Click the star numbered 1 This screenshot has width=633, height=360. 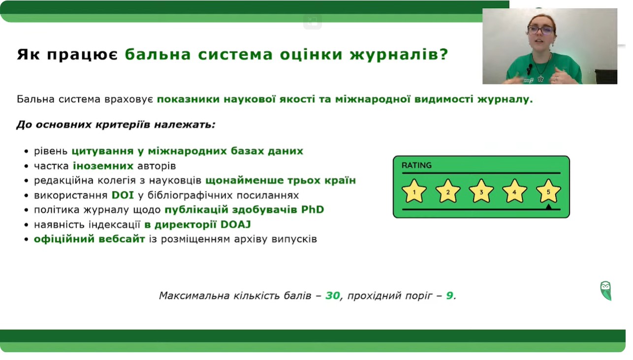click(x=414, y=192)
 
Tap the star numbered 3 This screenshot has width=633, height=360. click(x=481, y=192)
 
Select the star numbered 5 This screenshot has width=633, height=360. click(x=548, y=192)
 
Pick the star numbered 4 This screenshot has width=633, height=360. click(x=514, y=192)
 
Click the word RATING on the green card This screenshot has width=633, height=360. click(x=416, y=165)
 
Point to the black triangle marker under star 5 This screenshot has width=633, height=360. click(x=548, y=207)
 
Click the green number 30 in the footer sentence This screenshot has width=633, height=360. click(x=333, y=295)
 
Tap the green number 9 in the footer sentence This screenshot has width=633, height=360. click(x=449, y=295)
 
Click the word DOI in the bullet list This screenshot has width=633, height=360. click(x=123, y=195)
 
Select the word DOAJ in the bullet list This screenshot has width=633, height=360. click(x=236, y=225)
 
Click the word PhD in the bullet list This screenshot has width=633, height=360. click(x=313, y=210)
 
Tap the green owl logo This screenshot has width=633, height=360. click(x=605, y=291)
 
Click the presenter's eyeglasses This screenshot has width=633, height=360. click(x=540, y=30)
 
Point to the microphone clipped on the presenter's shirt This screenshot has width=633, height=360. click(x=529, y=68)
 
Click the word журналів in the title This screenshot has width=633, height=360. click(x=399, y=54)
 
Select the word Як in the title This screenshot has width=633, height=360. click(x=28, y=54)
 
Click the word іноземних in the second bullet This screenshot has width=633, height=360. click(x=103, y=166)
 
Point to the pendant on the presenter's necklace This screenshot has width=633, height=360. click(x=540, y=78)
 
